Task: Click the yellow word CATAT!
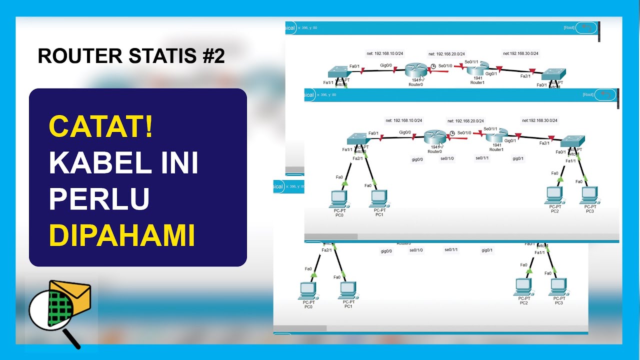click(101, 128)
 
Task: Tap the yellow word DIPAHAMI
click(121, 236)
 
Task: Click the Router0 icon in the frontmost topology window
click(434, 137)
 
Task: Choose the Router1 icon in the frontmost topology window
click(496, 135)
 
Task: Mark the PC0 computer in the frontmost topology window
click(339, 197)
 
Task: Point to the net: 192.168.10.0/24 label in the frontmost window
click(403, 120)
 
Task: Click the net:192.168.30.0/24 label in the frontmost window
click(539, 120)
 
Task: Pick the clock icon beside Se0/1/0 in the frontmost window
click(452, 133)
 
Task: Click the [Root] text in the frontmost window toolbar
click(588, 94)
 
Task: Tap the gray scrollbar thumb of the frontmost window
click(330, 236)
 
